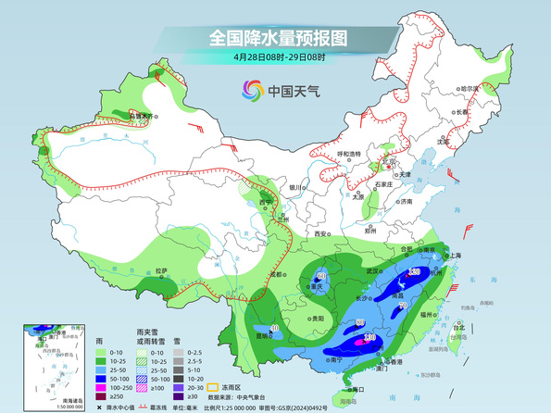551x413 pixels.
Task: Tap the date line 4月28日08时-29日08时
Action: pyautogui.click(x=277, y=56)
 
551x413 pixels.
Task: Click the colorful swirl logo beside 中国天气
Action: pyautogui.click(x=252, y=90)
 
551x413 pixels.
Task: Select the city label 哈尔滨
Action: pyautogui.click(x=472, y=88)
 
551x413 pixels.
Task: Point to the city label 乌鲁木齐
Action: pyautogui.click(x=142, y=116)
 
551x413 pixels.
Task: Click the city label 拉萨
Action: pyautogui.click(x=162, y=270)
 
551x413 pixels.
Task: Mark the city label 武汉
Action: pyautogui.click(x=374, y=270)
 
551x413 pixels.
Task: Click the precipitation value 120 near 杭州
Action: pyautogui.click(x=414, y=272)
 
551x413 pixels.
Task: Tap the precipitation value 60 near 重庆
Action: pyautogui.click(x=321, y=276)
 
